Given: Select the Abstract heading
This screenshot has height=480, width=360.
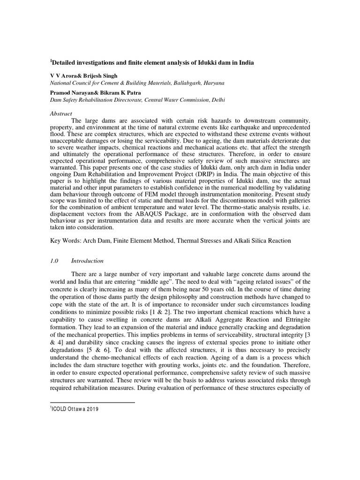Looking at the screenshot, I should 61,113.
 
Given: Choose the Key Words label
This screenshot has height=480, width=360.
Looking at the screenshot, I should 66,240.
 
